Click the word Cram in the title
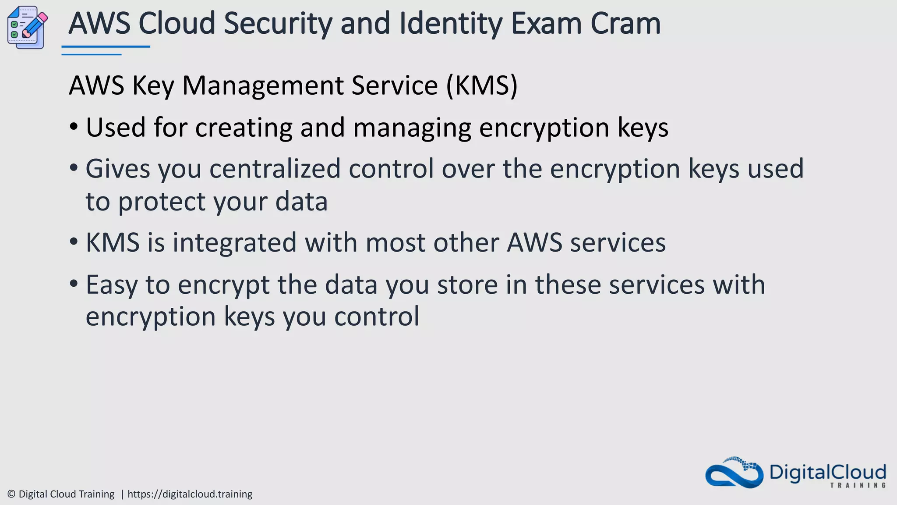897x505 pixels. [x=625, y=24]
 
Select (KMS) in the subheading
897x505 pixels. [x=482, y=85]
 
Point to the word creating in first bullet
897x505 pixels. [x=244, y=128]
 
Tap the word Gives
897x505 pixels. [x=118, y=169]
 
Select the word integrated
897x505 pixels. [x=234, y=242]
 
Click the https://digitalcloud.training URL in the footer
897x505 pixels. [x=190, y=494]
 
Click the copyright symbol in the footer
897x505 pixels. [x=11, y=494]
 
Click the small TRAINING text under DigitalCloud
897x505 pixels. [x=858, y=485]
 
